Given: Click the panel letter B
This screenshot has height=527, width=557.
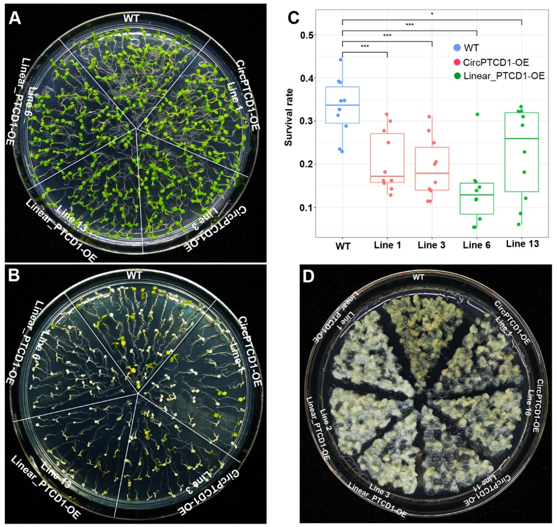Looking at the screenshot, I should coord(14,276).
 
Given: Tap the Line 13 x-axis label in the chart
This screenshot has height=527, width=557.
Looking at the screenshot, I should coord(522,244).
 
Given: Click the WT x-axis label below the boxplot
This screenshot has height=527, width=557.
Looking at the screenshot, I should coord(343,246).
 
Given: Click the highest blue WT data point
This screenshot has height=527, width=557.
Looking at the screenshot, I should coord(341,60).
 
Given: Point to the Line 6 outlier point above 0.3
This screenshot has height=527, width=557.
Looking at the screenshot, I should coord(477,114).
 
